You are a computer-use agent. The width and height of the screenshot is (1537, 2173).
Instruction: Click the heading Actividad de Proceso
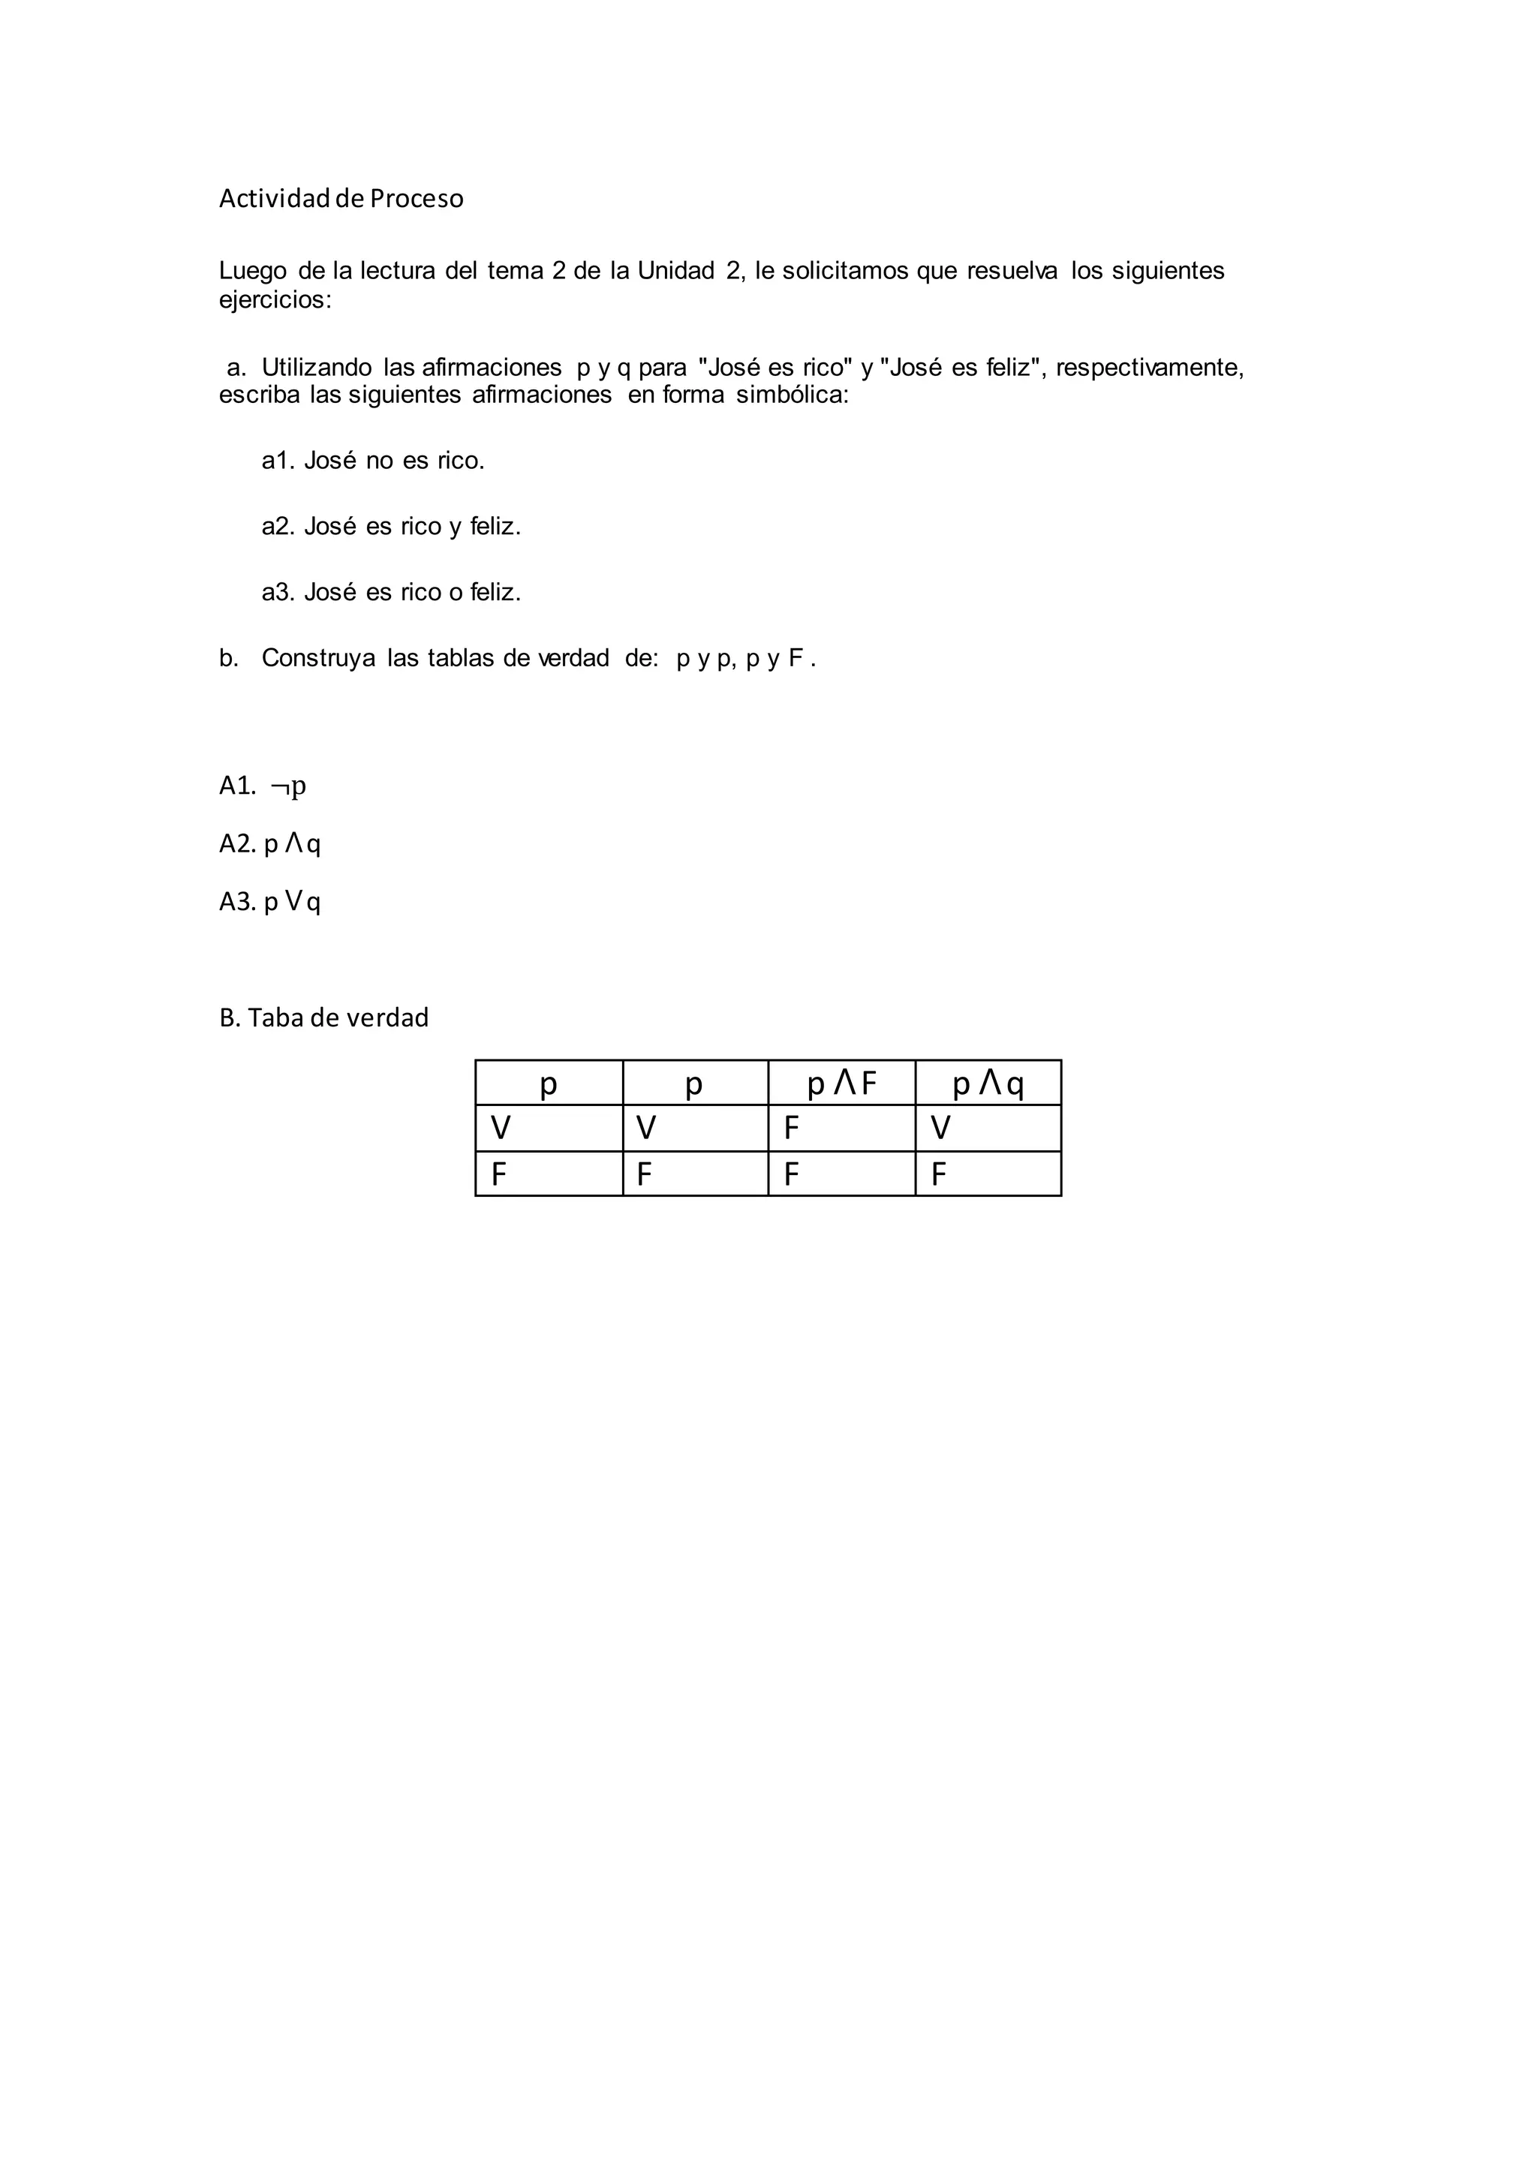point(341,199)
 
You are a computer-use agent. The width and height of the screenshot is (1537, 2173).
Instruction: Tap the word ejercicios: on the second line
point(275,300)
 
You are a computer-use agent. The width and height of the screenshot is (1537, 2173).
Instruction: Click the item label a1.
point(278,461)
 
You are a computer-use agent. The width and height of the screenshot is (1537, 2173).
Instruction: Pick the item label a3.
point(278,593)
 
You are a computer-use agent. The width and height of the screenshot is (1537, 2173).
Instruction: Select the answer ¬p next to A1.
point(289,786)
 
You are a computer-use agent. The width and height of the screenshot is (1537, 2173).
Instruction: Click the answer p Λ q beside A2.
point(293,843)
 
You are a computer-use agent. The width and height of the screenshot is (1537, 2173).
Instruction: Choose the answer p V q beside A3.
point(293,902)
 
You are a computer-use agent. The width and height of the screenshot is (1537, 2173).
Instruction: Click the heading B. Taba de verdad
point(323,1017)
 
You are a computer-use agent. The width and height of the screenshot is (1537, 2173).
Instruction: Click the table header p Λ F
point(841,1083)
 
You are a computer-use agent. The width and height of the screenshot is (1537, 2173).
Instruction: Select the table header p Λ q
point(988,1083)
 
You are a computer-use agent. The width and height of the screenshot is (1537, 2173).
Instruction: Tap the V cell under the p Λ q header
point(941,1128)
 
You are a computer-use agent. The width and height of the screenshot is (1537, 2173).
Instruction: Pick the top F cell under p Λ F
point(793,1128)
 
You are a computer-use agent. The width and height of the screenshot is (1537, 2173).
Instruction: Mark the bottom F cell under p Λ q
point(939,1174)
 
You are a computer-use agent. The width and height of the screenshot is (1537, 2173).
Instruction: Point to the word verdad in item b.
point(573,658)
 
